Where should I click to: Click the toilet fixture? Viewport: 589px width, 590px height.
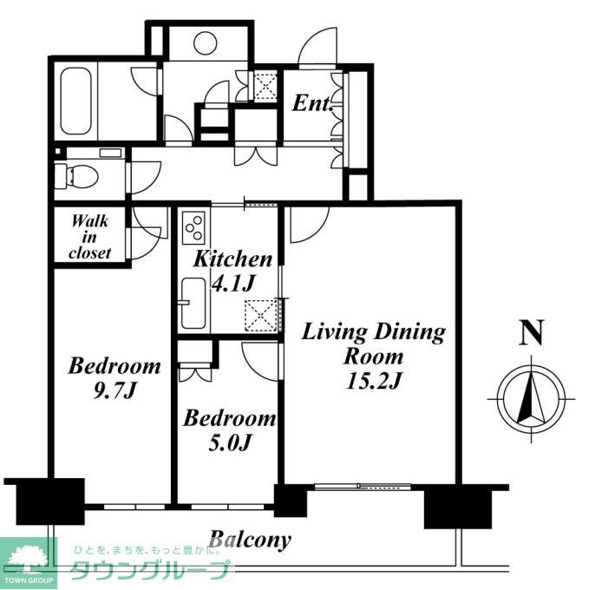[x=76, y=176]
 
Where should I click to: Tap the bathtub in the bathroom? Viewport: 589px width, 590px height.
[x=75, y=101]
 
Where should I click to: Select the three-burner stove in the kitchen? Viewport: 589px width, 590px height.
[x=193, y=227]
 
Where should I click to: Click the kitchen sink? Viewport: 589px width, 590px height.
[x=193, y=304]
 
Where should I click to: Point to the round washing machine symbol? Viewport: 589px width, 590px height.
[x=206, y=43]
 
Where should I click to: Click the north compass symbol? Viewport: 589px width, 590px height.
[x=531, y=399]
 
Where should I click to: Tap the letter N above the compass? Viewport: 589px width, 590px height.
[x=531, y=332]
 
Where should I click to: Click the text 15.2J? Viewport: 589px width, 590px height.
[x=374, y=381]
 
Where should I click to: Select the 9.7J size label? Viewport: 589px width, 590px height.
[x=114, y=391]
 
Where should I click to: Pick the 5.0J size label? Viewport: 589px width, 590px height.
[x=229, y=442]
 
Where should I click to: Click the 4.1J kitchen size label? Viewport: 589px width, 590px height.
[x=233, y=284]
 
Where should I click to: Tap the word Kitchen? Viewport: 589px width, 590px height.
[x=232, y=259]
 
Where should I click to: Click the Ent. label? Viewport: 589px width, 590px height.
[x=312, y=103]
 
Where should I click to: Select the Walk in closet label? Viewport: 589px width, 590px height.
[x=90, y=237]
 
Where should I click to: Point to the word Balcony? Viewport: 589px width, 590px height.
[x=250, y=541]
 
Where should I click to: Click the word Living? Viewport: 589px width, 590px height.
[x=334, y=332]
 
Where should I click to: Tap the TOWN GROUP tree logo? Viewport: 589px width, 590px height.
[x=29, y=560]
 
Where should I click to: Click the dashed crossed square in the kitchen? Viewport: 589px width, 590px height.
[x=260, y=316]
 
